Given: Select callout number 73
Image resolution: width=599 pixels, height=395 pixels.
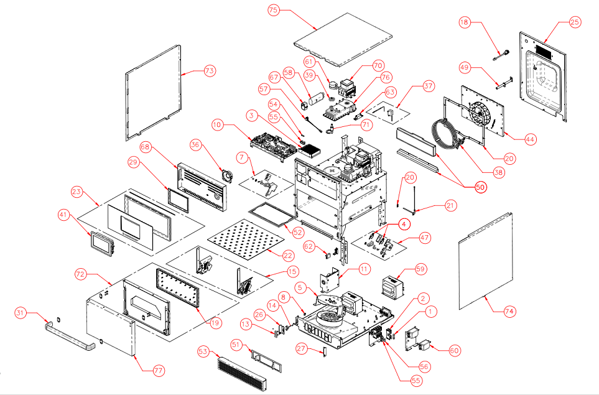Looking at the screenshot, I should (209, 71).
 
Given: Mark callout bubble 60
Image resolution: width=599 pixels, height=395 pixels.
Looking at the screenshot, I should (455, 350).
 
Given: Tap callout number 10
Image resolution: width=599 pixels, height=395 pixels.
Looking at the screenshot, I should (216, 125).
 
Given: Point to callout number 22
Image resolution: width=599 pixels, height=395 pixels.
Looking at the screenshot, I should (287, 255).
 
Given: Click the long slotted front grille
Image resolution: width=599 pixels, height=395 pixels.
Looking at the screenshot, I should (243, 372).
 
